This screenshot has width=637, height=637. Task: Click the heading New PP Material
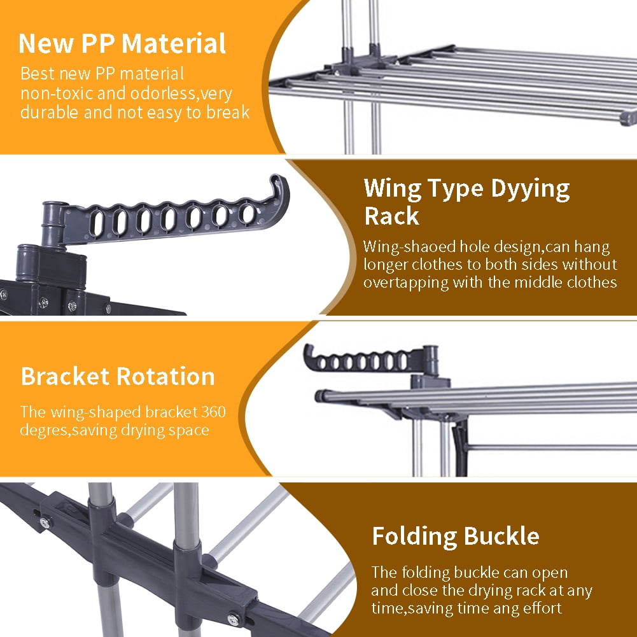122,43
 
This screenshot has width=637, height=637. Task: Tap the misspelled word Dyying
530,189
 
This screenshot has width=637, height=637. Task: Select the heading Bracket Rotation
118,376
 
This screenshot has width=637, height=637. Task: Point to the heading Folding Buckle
456,536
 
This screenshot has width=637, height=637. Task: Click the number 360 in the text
213,412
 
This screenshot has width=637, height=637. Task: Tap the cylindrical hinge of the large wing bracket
53,223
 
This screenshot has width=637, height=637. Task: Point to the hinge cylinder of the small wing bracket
430,360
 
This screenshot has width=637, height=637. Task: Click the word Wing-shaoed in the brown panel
410,247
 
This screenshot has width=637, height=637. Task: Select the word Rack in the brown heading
391,216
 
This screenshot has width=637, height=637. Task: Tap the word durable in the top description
49,112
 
